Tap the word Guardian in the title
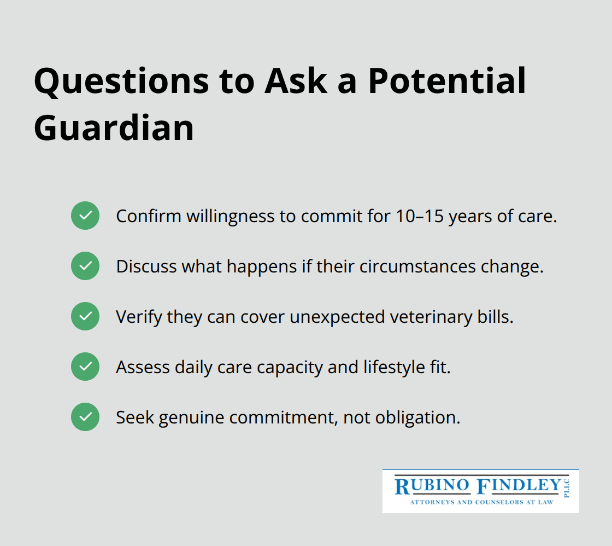(114, 128)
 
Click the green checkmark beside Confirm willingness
(85, 216)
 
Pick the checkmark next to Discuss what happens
(85, 266)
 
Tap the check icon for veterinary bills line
(85, 316)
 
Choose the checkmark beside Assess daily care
(85, 367)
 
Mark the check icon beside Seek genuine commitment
(85, 417)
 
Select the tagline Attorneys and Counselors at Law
(481, 502)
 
